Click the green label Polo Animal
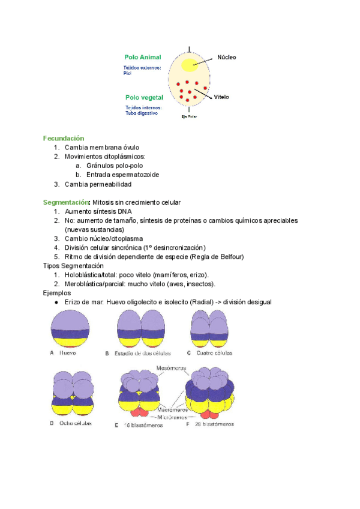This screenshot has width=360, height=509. (142, 57)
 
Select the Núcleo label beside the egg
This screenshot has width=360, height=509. (226, 58)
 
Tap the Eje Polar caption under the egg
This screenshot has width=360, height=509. (189, 116)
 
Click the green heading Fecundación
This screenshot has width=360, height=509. (64, 138)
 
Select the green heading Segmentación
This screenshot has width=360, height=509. (66, 202)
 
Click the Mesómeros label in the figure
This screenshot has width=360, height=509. (171, 367)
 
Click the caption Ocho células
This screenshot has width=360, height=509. (75, 423)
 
